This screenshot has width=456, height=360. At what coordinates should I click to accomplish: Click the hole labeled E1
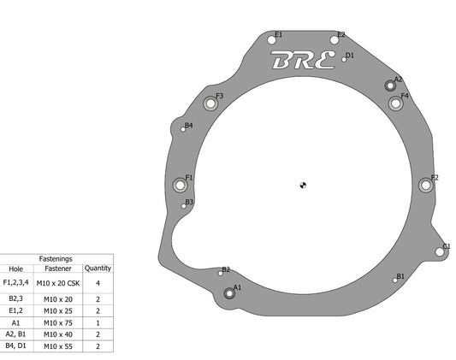click(x=271, y=40)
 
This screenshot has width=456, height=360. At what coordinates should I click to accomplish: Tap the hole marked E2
click(x=335, y=40)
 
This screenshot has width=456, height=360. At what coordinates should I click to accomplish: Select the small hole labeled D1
click(x=344, y=60)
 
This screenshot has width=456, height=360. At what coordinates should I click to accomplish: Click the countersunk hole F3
click(x=210, y=103)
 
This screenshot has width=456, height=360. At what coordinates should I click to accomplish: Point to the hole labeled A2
click(x=390, y=86)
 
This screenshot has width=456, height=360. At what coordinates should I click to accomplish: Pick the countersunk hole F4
click(x=395, y=103)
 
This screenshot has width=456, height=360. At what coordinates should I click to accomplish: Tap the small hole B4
click(x=183, y=129)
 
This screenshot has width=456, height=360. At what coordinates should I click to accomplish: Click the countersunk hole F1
click(x=180, y=185)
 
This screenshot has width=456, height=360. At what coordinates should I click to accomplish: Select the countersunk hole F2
click(x=426, y=185)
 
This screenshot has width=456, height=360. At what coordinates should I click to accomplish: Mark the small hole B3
click(x=183, y=206)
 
